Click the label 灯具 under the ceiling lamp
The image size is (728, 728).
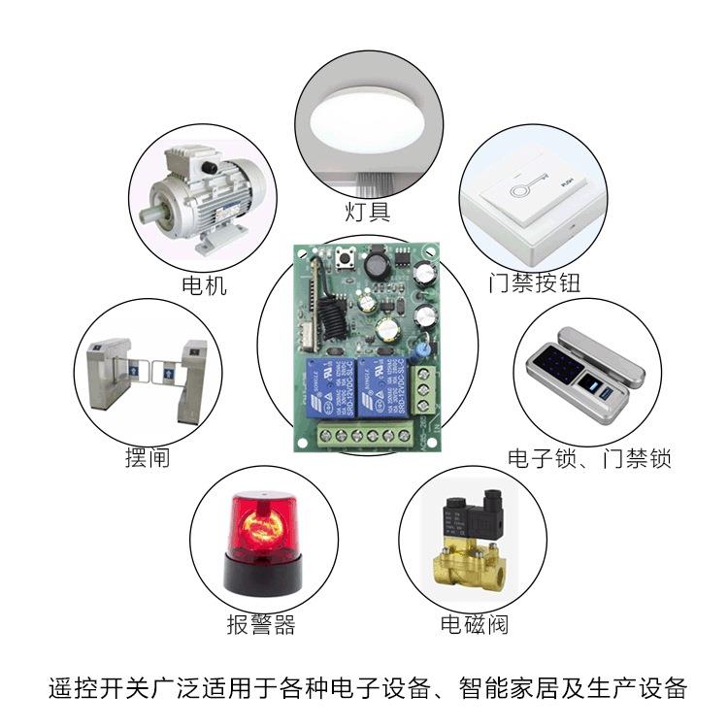pos(368,211)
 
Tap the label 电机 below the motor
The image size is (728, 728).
pos(204,284)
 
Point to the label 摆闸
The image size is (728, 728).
pos(147,456)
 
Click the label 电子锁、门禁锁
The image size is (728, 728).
pos(589,457)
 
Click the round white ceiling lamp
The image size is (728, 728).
pos(369,121)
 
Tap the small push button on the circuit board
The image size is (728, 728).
pos(343,258)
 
